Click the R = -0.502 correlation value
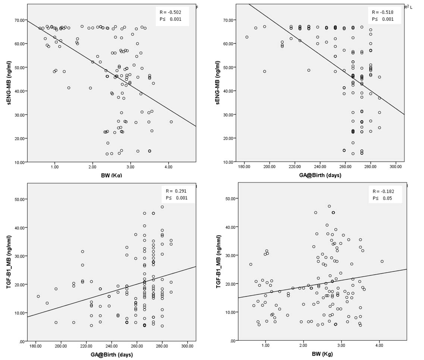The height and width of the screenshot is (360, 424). [x=169, y=12]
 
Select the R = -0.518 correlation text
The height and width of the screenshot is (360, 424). [x=383, y=12]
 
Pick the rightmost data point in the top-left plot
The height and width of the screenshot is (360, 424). [x=171, y=122]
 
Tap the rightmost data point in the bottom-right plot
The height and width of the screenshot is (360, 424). [x=382, y=262]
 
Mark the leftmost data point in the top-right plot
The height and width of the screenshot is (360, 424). [x=247, y=37]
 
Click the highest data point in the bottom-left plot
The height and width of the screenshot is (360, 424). [x=162, y=207]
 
